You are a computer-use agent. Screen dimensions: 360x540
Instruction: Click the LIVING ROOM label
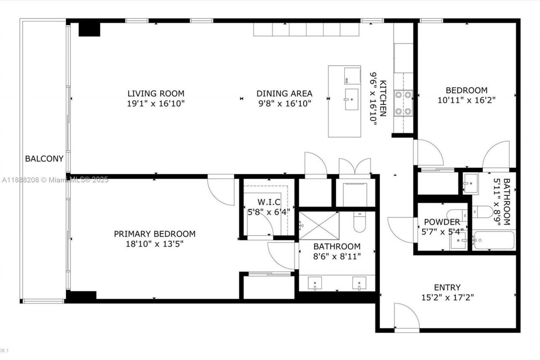point(156,94)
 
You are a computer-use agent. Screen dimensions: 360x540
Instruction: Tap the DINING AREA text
point(284,94)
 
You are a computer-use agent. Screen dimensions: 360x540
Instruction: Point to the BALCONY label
point(44,159)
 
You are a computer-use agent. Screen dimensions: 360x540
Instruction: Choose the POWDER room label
point(442,222)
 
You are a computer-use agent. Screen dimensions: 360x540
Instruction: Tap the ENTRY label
point(447,287)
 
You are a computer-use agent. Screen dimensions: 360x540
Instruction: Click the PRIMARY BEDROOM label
point(154,234)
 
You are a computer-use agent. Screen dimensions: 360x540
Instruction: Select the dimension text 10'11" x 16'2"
point(467,100)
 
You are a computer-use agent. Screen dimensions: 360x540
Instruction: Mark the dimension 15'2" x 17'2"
point(447,298)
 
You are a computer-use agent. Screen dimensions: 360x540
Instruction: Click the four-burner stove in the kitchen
point(403,103)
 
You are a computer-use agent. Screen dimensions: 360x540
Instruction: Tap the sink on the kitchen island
point(351,100)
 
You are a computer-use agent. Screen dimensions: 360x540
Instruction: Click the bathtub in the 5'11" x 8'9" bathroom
point(493,241)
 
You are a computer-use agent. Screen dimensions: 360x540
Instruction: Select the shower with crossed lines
point(319,226)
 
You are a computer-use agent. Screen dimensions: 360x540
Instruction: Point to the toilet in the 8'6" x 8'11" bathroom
point(359,222)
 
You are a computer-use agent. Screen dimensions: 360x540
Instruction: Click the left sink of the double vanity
point(315,283)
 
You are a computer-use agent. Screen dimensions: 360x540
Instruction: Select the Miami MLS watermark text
point(55,180)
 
